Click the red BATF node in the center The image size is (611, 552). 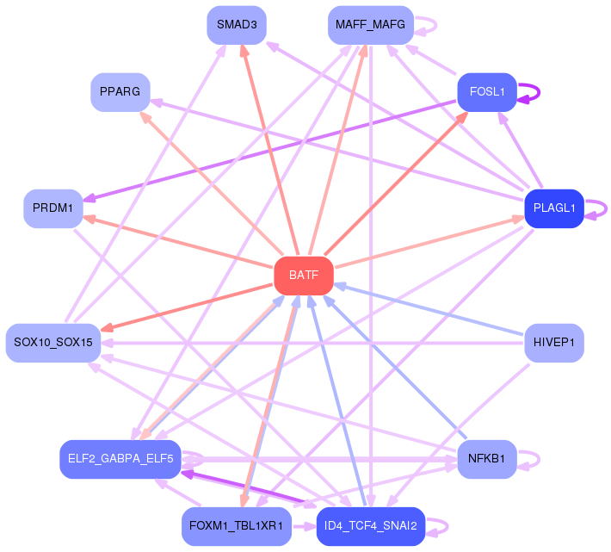pyautogui.click(x=304, y=276)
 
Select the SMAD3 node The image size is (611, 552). pyautogui.click(x=237, y=25)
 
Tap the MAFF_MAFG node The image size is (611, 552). pyautogui.click(x=371, y=25)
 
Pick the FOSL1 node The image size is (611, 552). pyautogui.click(x=486, y=90)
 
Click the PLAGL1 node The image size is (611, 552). pyautogui.click(x=554, y=208)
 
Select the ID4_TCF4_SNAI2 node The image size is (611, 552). pyautogui.click(x=371, y=526)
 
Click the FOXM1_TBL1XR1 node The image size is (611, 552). pyautogui.click(x=237, y=526)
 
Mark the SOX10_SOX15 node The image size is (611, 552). pyautogui.click(x=53, y=343)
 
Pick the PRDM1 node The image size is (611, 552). pyautogui.click(x=53, y=208)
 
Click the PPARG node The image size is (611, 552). pyautogui.click(x=120, y=91)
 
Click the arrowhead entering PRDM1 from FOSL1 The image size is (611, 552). pyautogui.click(x=89, y=199)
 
